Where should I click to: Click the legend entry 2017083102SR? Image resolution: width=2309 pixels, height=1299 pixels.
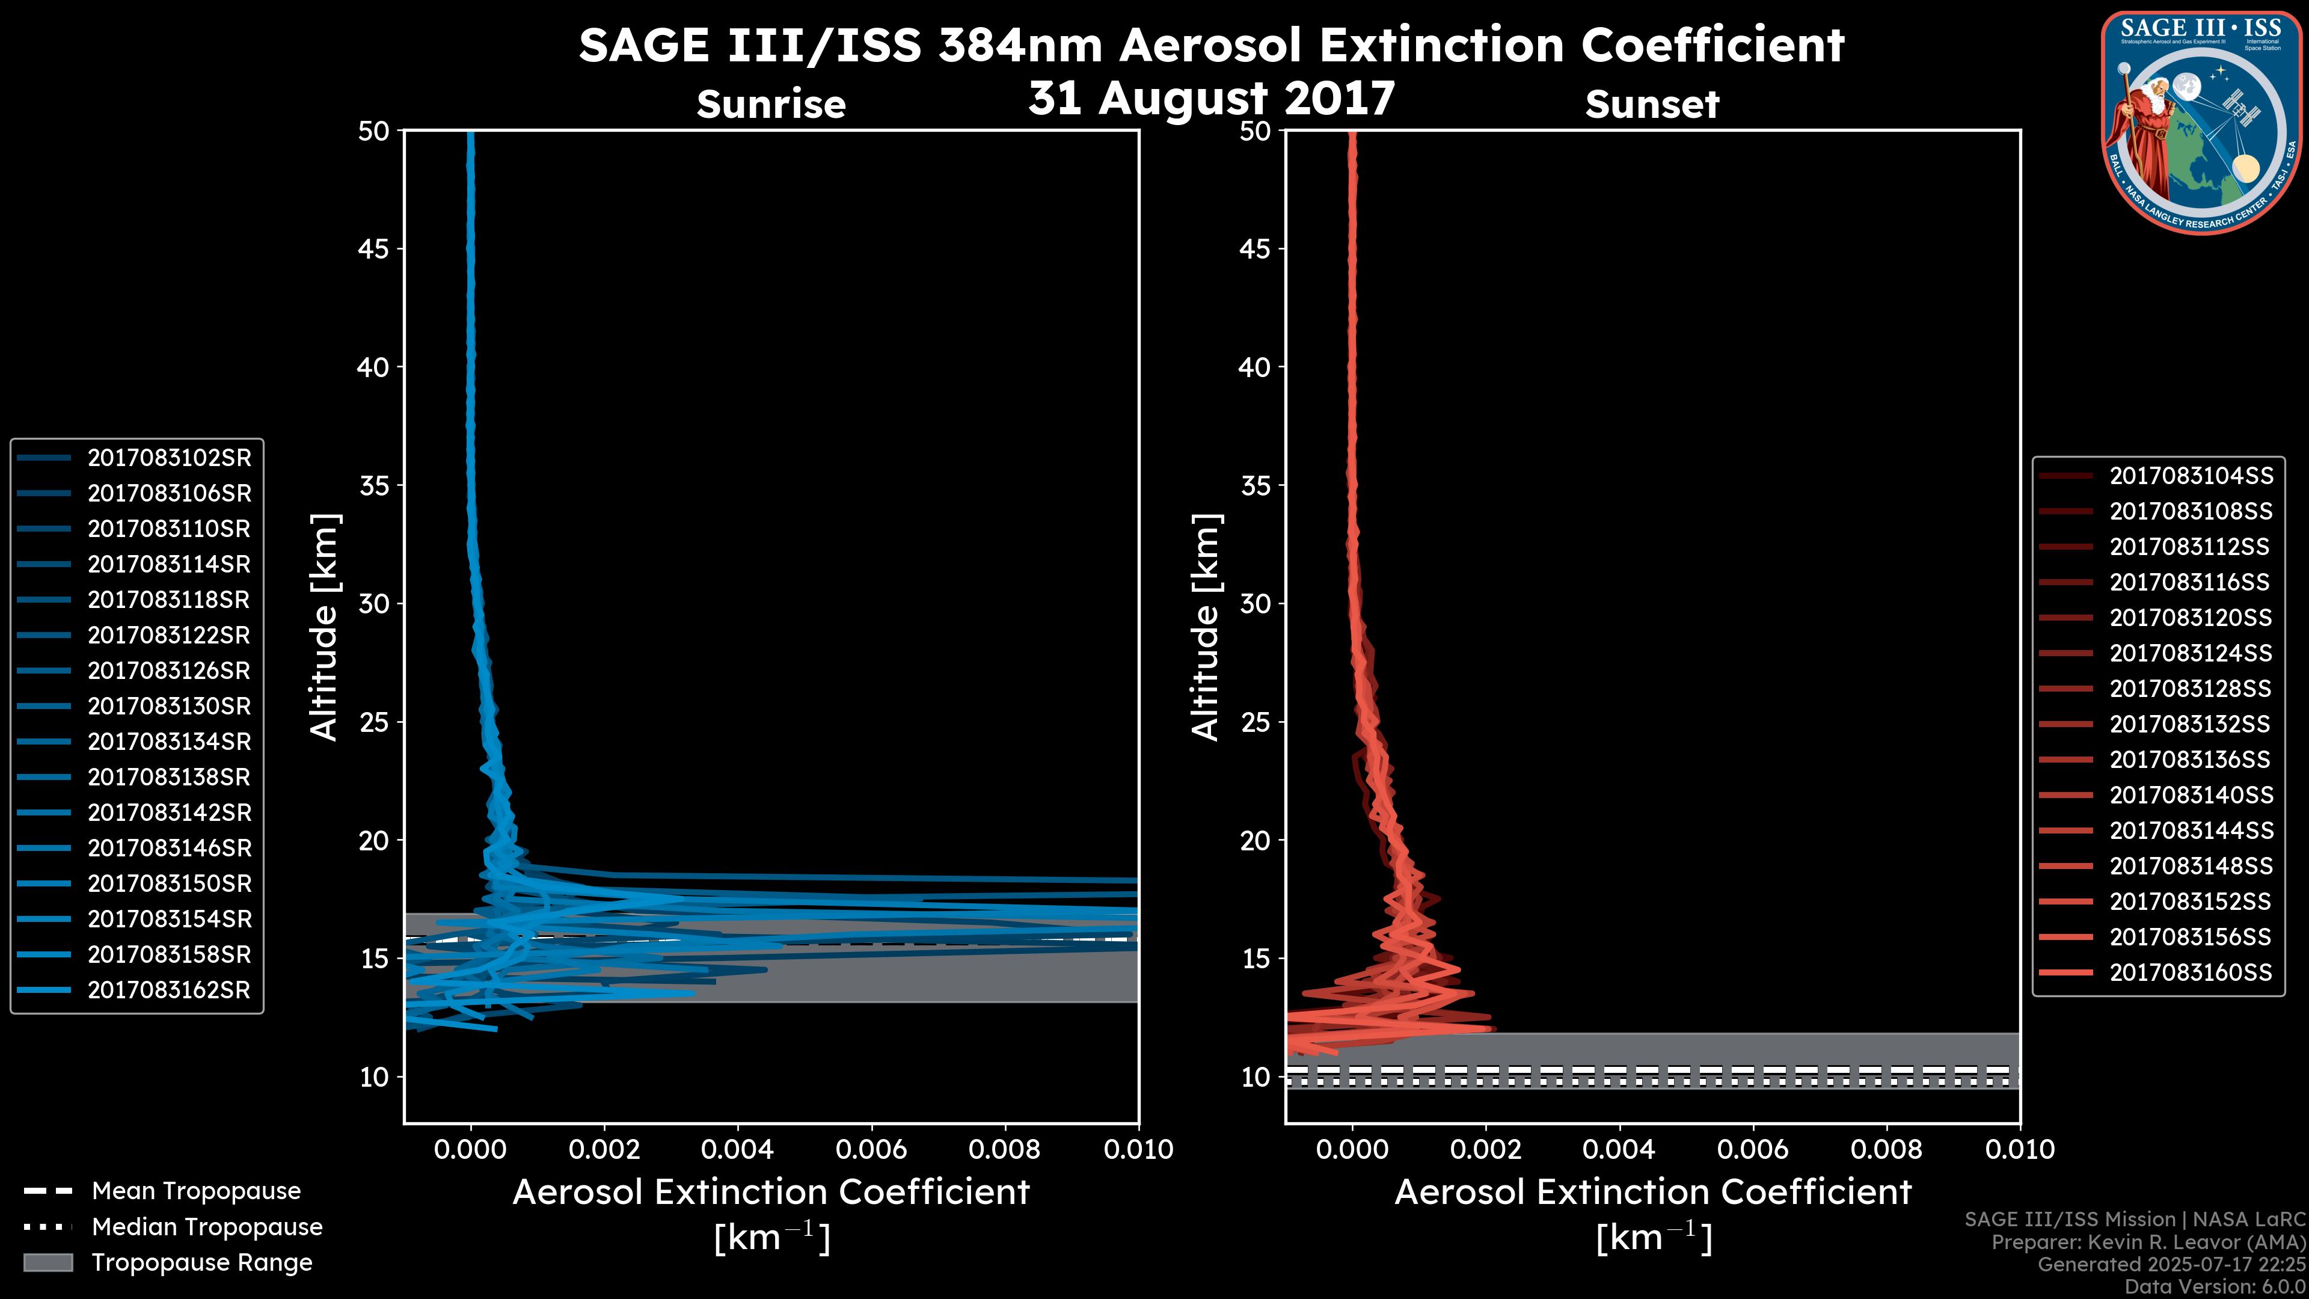[x=168, y=458]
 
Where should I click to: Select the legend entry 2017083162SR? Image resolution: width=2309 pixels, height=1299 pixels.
[x=168, y=990]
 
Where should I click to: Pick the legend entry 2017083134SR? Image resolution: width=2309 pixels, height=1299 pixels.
[x=168, y=742]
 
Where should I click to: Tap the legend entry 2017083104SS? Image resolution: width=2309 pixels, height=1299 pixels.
[x=2190, y=476]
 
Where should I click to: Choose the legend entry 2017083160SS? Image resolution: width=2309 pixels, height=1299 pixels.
[x=2190, y=972]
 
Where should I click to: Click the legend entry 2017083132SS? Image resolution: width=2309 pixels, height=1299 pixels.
[x=2190, y=724]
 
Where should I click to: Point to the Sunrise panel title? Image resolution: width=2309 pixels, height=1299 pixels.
[x=771, y=105]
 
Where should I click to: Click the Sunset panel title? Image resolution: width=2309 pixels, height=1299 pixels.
[x=1652, y=105]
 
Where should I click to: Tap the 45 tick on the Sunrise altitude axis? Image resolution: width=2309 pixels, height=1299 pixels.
[x=374, y=249]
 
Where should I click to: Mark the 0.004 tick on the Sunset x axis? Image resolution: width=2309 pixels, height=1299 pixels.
[x=1618, y=1149]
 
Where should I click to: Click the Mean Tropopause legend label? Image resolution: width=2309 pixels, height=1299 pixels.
[x=196, y=1191]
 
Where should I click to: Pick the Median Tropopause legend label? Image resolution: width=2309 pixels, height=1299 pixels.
[x=207, y=1227]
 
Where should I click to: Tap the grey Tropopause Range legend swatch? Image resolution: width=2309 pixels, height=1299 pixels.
[x=48, y=1263]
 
